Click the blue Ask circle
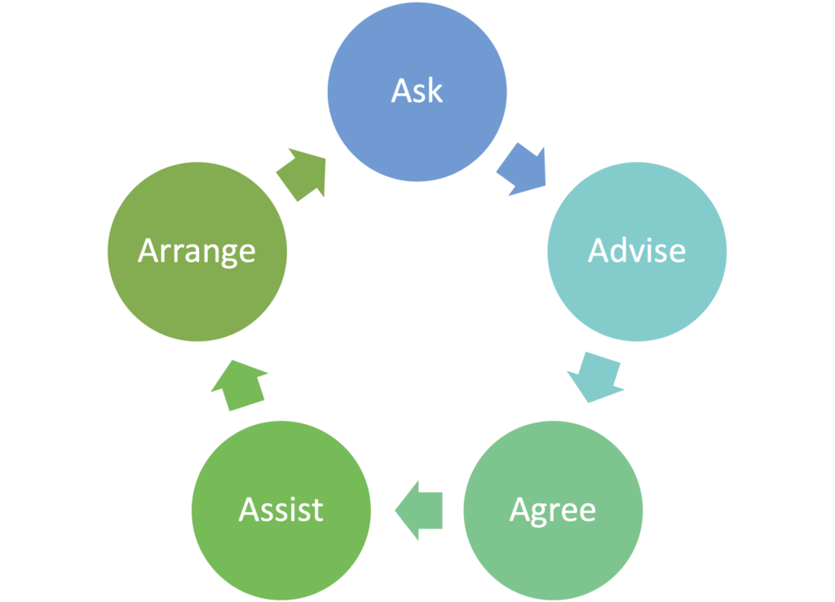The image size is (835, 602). point(417,91)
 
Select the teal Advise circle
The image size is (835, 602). point(637,251)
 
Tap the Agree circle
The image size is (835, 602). point(553,511)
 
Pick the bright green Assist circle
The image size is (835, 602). point(281,511)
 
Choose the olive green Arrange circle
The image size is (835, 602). point(197,251)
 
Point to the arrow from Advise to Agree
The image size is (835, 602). point(596,377)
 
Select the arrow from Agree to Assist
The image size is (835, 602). point(419,511)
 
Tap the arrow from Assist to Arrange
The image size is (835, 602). point(239,385)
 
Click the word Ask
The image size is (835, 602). point(417,90)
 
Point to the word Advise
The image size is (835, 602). point(637,250)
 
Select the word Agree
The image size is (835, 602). point(553,511)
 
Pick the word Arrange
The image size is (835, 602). point(197,253)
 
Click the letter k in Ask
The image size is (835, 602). point(435,90)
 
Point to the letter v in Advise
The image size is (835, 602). point(638,253)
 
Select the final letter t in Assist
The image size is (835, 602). point(317,511)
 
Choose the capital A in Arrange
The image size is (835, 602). point(148,250)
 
